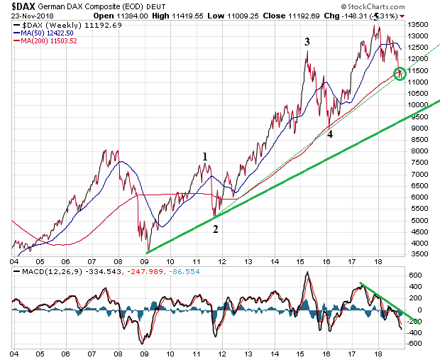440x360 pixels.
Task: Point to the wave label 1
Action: coord(204,157)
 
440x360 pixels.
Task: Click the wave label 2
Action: coord(215,229)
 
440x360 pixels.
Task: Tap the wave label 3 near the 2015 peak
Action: coord(307,42)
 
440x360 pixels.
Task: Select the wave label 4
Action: coord(330,133)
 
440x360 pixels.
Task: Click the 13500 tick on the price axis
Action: coord(422,25)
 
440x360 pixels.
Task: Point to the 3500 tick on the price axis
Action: coord(420,253)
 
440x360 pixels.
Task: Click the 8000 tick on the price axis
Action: coord(420,151)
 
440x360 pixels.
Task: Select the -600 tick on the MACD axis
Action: coord(416,344)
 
